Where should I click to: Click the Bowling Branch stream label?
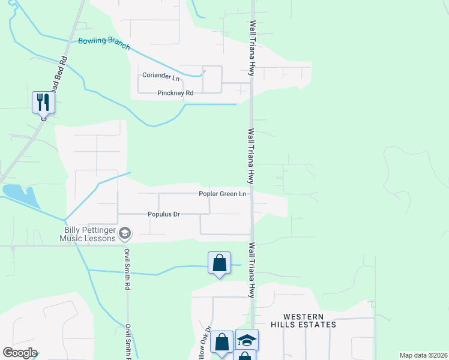(x=104, y=43)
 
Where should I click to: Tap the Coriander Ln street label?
(x=161, y=77)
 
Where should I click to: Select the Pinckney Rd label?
(x=175, y=93)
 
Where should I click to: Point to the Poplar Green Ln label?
(x=223, y=194)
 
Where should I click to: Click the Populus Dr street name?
(x=164, y=214)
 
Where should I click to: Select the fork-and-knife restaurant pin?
(x=43, y=102)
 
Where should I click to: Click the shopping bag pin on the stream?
(x=220, y=263)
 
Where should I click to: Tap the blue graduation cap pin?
(x=247, y=340)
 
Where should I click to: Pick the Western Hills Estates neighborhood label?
(x=304, y=320)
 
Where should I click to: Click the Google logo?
(x=20, y=353)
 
